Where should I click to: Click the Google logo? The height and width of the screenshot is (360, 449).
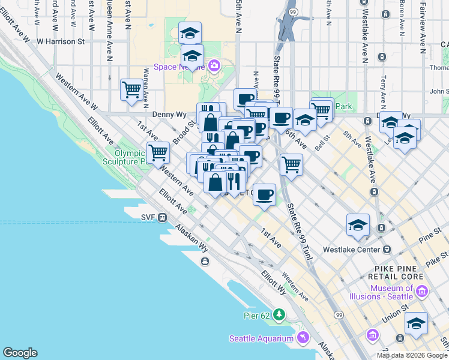20,353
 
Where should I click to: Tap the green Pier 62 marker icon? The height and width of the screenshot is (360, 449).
279,314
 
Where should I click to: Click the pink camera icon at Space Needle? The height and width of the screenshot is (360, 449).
214,65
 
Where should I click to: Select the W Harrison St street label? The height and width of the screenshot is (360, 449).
61,41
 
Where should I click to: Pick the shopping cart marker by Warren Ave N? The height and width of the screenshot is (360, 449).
131,91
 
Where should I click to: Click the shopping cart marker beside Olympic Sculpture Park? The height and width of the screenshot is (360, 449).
158,152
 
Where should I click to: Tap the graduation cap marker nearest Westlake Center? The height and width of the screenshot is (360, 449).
358,225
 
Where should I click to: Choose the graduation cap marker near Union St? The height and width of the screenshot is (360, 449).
416,324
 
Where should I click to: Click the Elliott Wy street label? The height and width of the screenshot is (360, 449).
273,281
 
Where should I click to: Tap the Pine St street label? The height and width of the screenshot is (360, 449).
430,238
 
